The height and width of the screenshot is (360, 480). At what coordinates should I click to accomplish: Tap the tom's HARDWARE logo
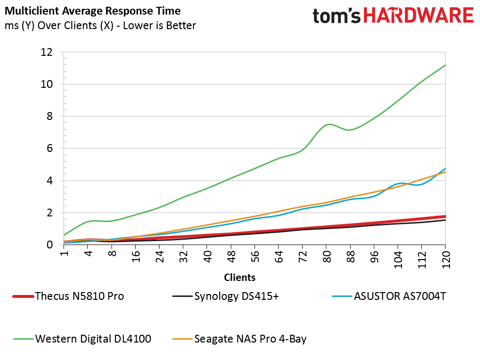[393, 16]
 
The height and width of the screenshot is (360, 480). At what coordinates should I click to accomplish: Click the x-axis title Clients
[240, 278]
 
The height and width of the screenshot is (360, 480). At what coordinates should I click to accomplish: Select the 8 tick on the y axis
[49, 116]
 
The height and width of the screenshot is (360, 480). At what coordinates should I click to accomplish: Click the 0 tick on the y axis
[49, 245]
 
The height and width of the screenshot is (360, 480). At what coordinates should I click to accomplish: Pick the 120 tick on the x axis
[446, 258]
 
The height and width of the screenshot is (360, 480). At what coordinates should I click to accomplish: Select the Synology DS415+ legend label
[236, 296]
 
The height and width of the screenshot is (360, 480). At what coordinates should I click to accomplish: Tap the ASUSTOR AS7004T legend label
[400, 296]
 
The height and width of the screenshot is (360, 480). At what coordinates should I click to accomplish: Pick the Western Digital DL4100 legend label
[93, 339]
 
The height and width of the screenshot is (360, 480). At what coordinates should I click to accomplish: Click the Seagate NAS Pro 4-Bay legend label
[250, 339]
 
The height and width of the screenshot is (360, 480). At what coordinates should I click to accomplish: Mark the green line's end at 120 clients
[445, 65]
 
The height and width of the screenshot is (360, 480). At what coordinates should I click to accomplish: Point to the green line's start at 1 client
[64, 235]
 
